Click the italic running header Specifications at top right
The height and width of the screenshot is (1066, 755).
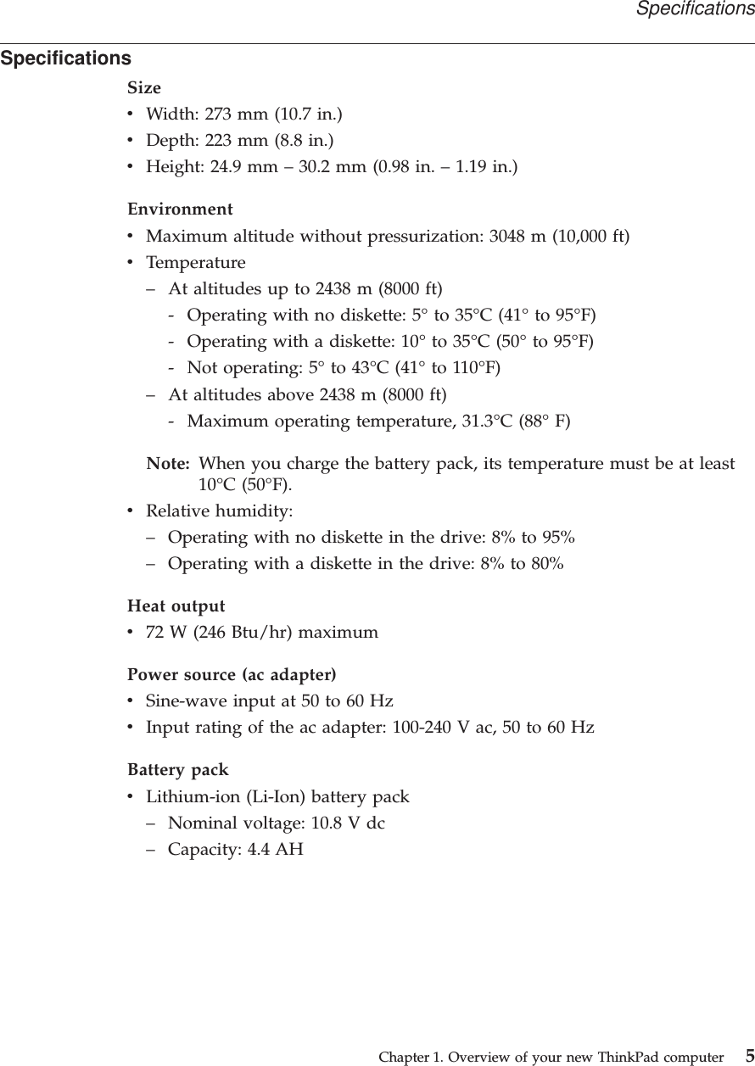tap(695, 9)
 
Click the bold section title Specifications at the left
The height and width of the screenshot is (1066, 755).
tap(66, 59)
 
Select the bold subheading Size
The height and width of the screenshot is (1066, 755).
tap(144, 87)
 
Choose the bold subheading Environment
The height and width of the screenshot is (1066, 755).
tap(180, 209)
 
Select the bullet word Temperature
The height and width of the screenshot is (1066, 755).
tap(196, 262)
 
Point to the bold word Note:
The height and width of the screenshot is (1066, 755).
tap(168, 464)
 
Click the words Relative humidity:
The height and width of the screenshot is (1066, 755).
tap(220, 511)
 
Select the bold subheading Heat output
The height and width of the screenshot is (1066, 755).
tap(176, 606)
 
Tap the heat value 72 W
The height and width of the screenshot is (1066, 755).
tap(165, 633)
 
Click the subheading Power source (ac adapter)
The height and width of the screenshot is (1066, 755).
tap(232, 675)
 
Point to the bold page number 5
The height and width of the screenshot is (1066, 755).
tap(749, 1056)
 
